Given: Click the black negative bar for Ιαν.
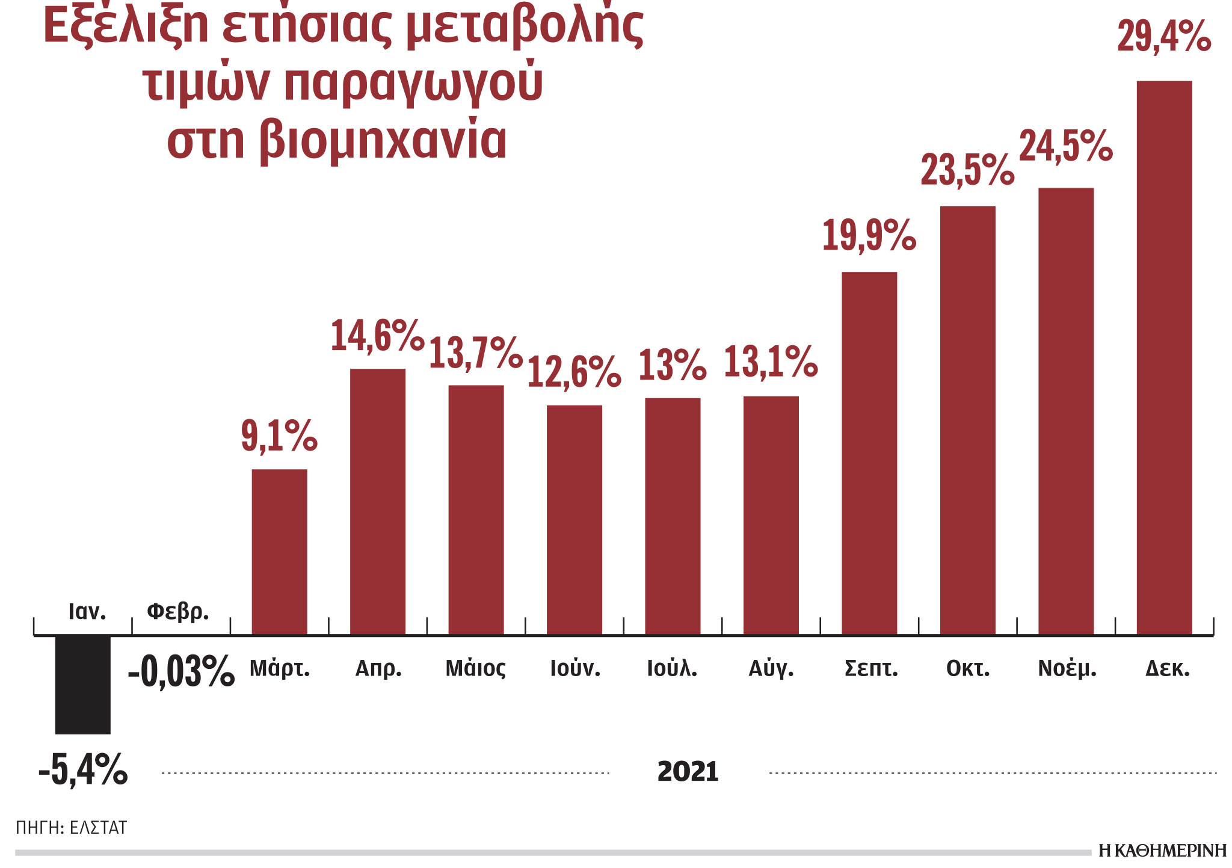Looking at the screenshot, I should tap(82, 685).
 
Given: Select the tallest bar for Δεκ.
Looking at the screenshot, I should tap(1163, 357).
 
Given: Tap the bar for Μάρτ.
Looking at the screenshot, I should tap(279, 552).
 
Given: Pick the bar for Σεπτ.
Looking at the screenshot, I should tap(869, 453).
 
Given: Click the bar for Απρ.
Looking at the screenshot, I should tap(377, 501).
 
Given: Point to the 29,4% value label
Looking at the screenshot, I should tap(1163, 37).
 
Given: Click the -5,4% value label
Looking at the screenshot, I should tap(83, 769).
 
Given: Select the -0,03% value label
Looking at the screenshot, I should tap(180, 671).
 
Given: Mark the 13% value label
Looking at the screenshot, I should tap(672, 365).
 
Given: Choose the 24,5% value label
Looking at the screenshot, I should tap(1065, 146).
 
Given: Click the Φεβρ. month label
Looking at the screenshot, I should tap(178, 612).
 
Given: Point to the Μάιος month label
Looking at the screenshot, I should tap(475, 668).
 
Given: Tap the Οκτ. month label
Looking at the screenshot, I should tap(967, 668).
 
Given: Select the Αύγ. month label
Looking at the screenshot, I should tap(771, 668).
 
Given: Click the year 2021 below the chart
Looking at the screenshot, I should tap(688, 772).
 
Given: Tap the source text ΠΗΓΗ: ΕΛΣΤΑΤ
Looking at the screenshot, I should tap(71, 828).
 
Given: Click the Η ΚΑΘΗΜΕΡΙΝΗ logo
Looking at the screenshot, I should tap(1162, 851).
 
